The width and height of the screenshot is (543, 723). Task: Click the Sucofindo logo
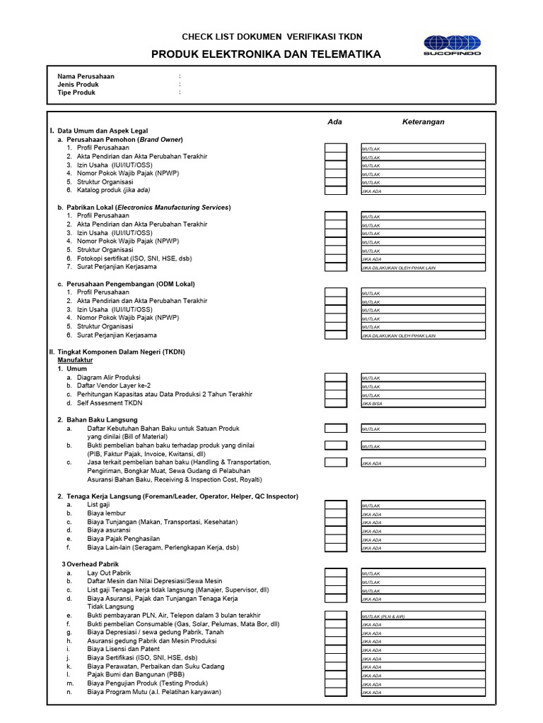452,44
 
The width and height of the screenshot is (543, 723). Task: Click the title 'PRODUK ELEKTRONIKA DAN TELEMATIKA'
266,54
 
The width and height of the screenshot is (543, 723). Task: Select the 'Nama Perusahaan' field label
86,76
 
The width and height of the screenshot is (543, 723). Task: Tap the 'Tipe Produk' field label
76,92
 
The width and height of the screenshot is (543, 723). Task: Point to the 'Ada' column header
335,121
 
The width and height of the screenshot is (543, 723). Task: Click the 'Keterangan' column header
423,121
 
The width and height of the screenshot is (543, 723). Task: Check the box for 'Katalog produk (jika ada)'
336,190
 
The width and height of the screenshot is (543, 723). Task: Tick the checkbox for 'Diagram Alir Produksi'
336,378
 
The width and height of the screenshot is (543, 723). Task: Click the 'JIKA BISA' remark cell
423,403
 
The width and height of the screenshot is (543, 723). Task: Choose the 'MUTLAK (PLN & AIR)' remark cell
423,616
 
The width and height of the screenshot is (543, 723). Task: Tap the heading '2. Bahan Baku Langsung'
98,420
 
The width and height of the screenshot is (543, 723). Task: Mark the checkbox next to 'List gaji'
336,506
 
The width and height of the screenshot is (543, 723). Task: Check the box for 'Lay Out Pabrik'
336,573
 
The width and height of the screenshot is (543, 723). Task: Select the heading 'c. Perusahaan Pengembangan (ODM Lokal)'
126,284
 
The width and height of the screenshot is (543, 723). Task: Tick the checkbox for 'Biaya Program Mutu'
336,692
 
